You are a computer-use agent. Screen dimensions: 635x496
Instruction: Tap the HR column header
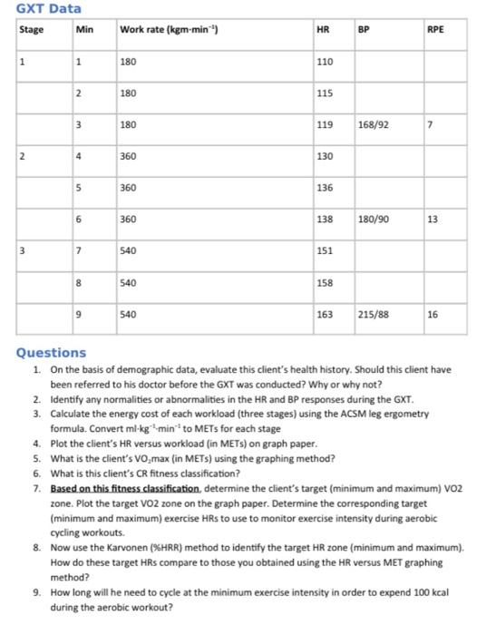(322, 30)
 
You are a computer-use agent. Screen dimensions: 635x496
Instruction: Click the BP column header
(365, 30)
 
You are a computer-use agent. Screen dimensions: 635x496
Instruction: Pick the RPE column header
(435, 30)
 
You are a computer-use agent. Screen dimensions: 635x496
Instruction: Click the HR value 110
(325, 62)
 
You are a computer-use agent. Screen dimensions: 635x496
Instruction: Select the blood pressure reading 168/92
(374, 124)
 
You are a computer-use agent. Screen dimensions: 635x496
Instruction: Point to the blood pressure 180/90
(374, 219)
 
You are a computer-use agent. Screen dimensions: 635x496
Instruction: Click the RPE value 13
(433, 219)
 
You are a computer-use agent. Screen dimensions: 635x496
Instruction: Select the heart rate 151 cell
(325, 250)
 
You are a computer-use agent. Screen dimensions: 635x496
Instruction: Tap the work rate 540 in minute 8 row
(128, 282)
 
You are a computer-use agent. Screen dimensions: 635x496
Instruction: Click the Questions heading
(52, 352)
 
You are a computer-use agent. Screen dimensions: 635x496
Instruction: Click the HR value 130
(325, 156)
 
